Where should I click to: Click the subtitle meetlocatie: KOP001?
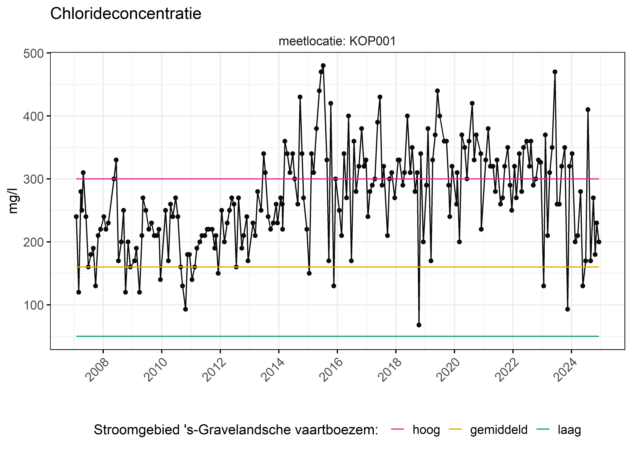[337, 41]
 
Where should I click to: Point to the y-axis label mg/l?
[13, 201]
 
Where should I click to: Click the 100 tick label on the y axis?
[33, 305]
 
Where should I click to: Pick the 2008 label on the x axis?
[97, 370]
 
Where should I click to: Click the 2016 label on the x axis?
[331, 370]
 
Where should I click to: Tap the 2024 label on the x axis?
[565, 370]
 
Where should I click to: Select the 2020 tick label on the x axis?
[448, 370]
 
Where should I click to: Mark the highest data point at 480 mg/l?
[323, 66]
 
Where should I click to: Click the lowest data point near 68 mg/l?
[419, 325]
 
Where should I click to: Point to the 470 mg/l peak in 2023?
[555, 72]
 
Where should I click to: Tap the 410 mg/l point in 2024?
[588, 110]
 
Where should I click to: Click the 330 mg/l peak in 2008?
[116, 160]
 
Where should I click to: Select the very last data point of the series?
[599, 242]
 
